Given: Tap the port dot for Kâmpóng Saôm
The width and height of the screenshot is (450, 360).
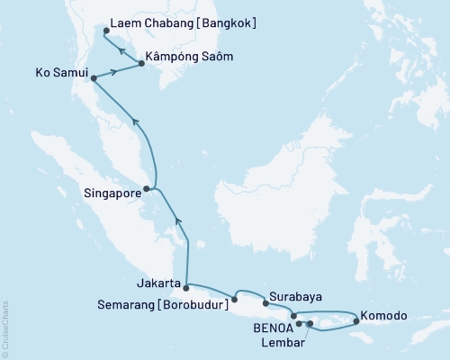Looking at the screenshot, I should [140, 63].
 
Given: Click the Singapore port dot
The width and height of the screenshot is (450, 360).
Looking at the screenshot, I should [147, 189].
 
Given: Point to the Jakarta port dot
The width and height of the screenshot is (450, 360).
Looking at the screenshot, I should [186, 288].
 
